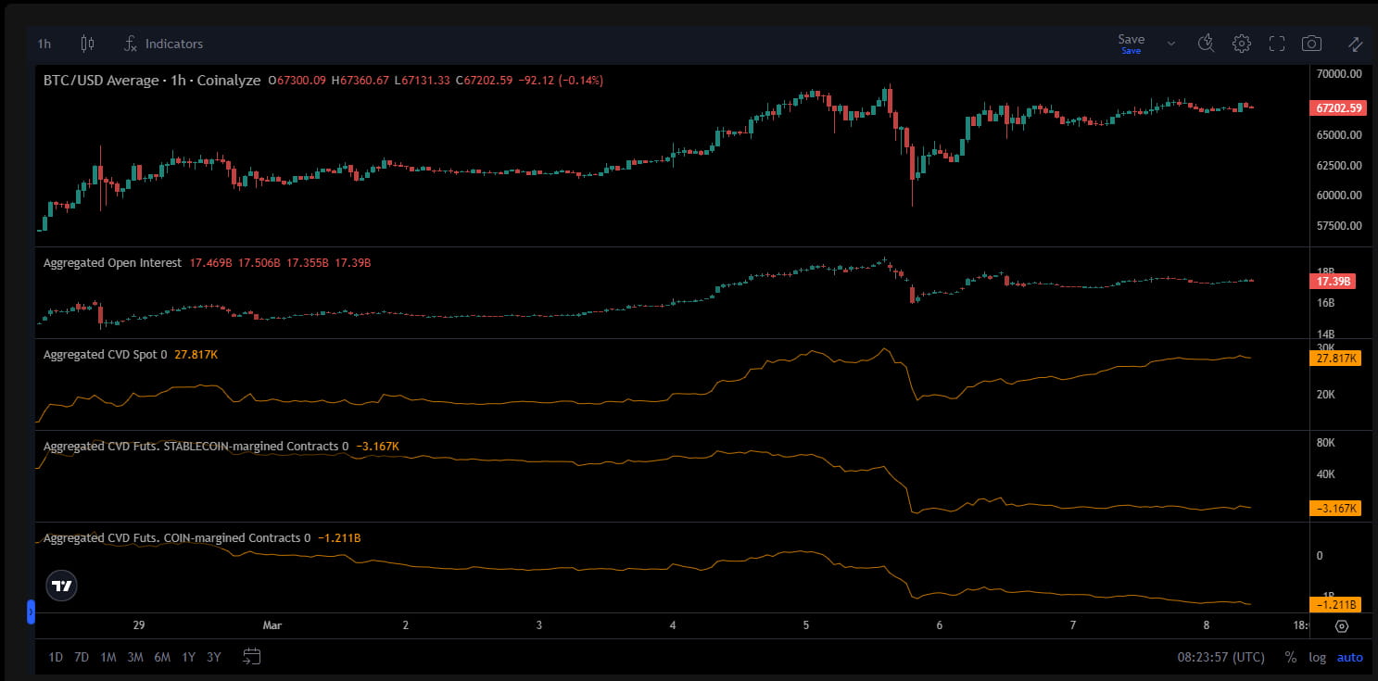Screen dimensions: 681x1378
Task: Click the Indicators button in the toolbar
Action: [x=164, y=44]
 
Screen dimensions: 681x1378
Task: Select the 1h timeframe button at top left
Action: [x=44, y=44]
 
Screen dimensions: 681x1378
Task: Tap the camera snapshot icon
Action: [x=1311, y=44]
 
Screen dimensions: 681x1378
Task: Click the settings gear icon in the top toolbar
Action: [x=1242, y=44]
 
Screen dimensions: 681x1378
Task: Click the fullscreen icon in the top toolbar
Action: [x=1277, y=44]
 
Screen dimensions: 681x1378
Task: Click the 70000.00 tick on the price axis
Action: [x=1338, y=73]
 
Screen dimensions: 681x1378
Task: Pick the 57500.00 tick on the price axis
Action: [x=1338, y=226]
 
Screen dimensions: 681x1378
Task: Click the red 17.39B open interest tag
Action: [x=1334, y=281]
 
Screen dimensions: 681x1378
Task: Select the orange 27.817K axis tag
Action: [x=1335, y=359]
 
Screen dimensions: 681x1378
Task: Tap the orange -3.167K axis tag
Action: [x=1335, y=508]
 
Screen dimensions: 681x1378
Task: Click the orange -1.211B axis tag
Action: [x=1335, y=605]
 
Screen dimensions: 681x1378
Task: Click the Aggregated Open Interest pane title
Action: [x=112, y=263]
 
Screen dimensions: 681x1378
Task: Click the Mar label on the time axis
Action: [x=272, y=625]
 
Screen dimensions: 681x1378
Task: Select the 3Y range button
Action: [x=214, y=658]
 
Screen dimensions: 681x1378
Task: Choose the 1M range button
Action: [x=108, y=658]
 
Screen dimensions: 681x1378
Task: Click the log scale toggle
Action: [x=1317, y=658]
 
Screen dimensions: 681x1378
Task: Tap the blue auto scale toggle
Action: [x=1349, y=658]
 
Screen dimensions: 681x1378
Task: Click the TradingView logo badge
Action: [x=62, y=586]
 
